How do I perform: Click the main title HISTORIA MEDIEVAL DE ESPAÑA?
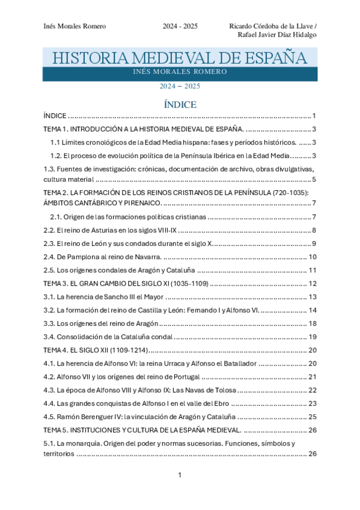(x=180, y=58)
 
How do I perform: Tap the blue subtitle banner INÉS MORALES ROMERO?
(x=180, y=72)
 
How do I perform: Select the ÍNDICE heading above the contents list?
(x=180, y=105)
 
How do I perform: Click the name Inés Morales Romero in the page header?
(x=75, y=26)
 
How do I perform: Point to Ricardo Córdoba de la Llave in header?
(x=272, y=26)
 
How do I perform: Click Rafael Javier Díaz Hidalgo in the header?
(x=278, y=34)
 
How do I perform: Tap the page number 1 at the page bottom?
(x=180, y=476)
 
